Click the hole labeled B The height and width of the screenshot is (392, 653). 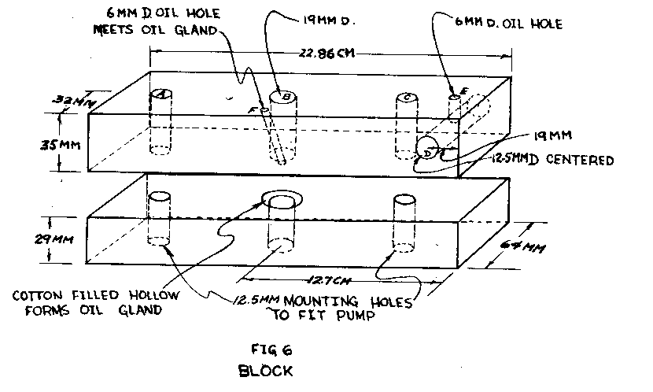point(286,97)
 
